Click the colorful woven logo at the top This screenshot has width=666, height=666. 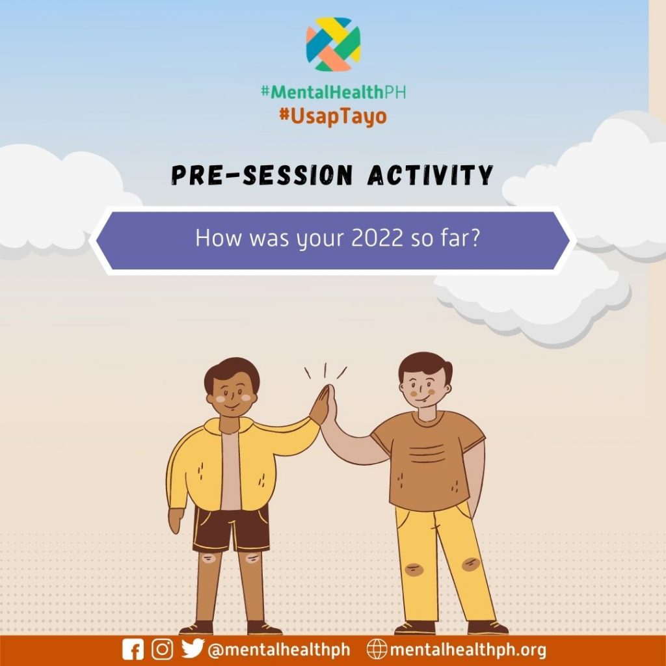click(x=334, y=44)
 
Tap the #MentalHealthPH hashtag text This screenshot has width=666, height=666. click(x=334, y=92)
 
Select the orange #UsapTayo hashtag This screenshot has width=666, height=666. click(x=333, y=116)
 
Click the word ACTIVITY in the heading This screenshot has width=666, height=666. click(x=430, y=175)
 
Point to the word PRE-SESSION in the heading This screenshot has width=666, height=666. click(x=262, y=175)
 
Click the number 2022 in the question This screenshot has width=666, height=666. click(x=377, y=238)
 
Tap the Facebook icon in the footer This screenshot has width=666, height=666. click(x=133, y=650)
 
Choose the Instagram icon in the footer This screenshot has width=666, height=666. click(x=162, y=650)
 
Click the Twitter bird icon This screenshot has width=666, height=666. click(x=193, y=648)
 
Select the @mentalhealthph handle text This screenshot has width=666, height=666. click(x=279, y=650)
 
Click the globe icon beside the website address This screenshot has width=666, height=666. click(x=377, y=650)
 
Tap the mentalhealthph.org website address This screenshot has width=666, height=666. click(x=468, y=650)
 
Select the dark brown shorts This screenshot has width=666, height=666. click(x=232, y=529)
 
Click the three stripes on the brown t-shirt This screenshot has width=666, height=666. click(x=427, y=453)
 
